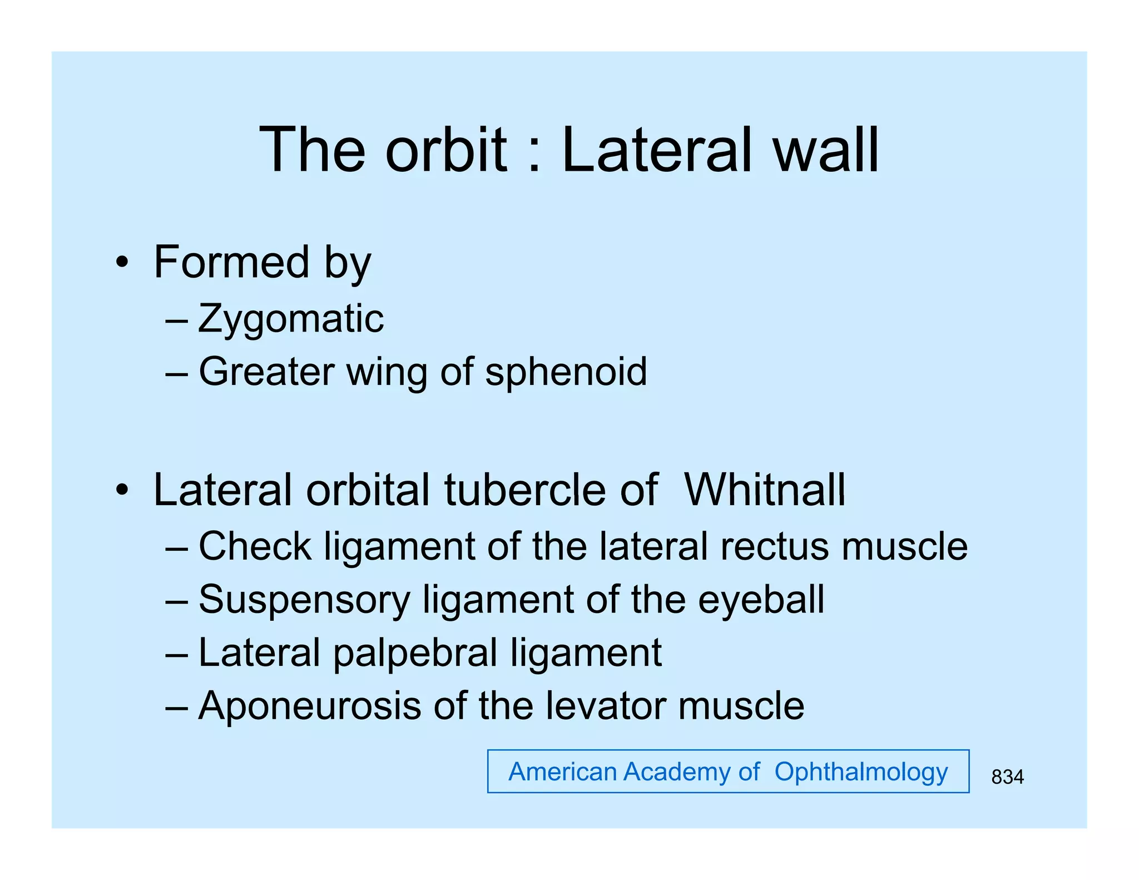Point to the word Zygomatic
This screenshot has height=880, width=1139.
(x=291, y=319)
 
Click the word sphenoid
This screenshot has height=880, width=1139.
(x=566, y=372)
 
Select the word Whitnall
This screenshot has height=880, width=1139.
(x=765, y=490)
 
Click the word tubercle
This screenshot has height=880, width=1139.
(x=525, y=490)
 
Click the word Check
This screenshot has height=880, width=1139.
(x=255, y=546)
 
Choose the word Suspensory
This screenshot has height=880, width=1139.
(x=304, y=600)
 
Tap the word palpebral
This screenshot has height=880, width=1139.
(x=415, y=653)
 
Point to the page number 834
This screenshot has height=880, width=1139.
(x=1007, y=777)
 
